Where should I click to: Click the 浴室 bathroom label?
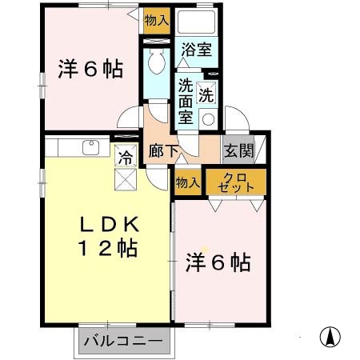point(196,50)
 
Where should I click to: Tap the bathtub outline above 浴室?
point(196,22)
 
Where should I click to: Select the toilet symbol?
point(155,62)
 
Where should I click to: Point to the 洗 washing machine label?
point(206,93)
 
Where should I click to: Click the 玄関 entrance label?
point(238,150)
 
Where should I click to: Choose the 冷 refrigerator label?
point(126,158)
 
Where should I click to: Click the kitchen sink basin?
point(90,146)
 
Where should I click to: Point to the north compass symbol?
point(328,337)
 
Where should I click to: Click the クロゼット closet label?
point(235,182)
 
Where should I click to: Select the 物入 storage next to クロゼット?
point(188,183)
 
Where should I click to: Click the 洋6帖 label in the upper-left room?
point(90,69)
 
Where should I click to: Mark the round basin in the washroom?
point(209,119)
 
